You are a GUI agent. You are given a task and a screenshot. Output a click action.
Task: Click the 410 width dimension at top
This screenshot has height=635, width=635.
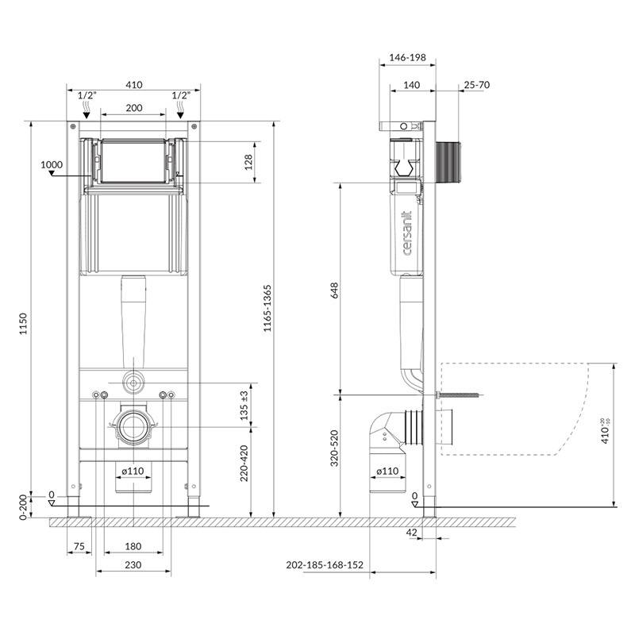tap(133, 85)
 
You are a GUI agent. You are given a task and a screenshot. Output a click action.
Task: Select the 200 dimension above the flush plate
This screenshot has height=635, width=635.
tap(133, 108)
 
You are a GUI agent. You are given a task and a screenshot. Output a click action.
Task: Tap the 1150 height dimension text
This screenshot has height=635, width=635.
tap(23, 324)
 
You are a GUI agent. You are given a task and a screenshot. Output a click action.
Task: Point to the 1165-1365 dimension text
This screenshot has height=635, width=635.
tap(267, 309)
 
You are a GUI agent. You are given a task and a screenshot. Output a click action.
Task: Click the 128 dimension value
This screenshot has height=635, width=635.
tap(248, 162)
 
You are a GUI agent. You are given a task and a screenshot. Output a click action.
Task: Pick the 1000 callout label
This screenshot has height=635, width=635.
tap(52, 164)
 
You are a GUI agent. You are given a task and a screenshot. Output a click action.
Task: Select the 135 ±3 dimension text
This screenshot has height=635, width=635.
tap(244, 406)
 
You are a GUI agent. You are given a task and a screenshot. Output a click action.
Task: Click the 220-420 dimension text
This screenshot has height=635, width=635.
tap(244, 464)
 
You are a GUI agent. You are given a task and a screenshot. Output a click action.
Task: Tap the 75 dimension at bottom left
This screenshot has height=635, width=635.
tap(79, 546)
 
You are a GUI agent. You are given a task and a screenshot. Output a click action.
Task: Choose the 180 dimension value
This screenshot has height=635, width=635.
tap(133, 546)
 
